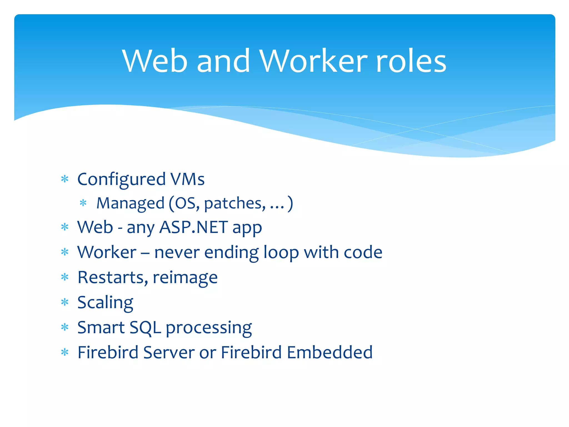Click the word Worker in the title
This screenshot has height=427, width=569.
(314, 61)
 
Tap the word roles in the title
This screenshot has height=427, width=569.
(411, 61)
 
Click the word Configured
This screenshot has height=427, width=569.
(121, 180)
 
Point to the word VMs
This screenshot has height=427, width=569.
(188, 179)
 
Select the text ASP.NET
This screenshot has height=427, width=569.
(194, 227)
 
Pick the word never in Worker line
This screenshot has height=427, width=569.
(177, 252)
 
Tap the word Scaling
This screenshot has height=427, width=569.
(105, 303)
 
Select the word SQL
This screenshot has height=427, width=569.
(145, 328)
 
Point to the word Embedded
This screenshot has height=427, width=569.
(330, 352)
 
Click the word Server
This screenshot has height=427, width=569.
(169, 352)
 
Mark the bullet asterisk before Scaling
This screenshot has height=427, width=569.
(65, 302)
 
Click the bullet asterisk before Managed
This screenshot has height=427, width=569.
(83, 203)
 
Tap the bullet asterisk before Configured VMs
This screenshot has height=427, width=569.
(65, 179)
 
